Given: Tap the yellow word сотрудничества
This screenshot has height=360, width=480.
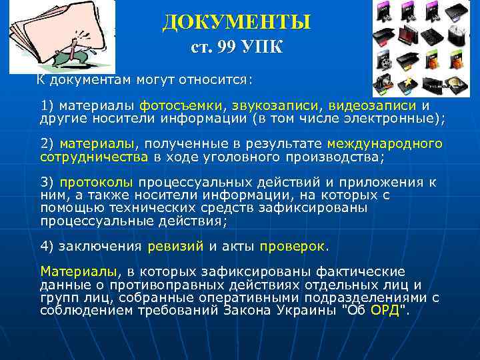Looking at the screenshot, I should point(94,157).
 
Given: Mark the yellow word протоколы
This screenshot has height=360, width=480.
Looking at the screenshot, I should point(97,182).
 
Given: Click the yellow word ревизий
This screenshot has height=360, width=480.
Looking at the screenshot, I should point(175,245).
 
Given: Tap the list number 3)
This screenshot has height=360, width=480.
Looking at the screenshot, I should point(48,182).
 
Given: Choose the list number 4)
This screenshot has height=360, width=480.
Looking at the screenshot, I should point(48,245).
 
